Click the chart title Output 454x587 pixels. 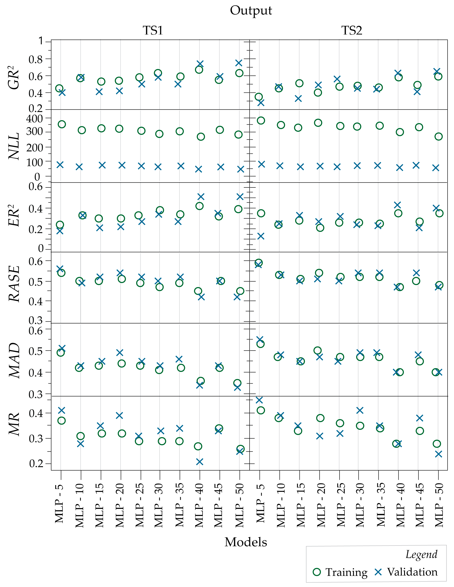[251, 11]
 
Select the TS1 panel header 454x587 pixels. [153, 30]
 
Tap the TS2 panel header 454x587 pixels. [352, 30]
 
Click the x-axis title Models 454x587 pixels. [246, 542]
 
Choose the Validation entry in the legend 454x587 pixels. [406, 572]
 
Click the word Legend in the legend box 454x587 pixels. [421, 554]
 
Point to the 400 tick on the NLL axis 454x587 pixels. [35, 118]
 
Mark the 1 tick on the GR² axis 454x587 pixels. [41, 41]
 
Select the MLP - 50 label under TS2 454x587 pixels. [439, 505]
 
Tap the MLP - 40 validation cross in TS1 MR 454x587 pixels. [200, 462]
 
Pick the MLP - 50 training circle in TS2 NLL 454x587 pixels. [438, 136]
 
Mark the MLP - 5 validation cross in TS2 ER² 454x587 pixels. [261, 236]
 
